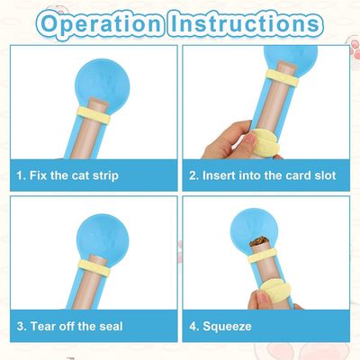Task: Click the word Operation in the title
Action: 101,23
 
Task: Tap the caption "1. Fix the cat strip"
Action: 67,175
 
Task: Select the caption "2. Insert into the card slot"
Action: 262,175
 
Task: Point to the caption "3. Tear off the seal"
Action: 70,326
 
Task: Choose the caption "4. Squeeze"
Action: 220,326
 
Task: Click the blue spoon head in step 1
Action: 103,81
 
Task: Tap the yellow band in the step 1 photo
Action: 94,115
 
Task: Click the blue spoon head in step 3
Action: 103,237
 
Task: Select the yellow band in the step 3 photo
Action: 94,267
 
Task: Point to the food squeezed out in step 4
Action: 259,241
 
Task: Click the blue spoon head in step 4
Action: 254,229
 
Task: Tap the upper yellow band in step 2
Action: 283,78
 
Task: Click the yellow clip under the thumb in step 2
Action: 265,142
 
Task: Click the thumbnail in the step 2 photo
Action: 249,140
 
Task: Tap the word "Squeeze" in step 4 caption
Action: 227,326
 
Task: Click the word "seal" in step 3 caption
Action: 111,326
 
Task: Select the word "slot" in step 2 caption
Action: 325,175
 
